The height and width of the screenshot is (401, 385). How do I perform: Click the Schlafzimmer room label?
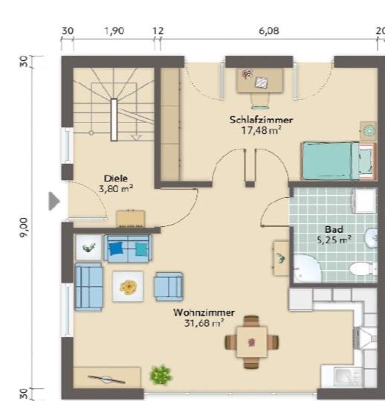tap(261, 120)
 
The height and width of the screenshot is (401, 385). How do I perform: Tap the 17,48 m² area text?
tap(262, 130)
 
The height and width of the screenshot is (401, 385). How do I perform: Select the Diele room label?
tap(116, 179)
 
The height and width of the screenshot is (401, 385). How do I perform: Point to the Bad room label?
tap(334, 229)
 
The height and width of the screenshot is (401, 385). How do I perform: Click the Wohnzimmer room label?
tap(204, 312)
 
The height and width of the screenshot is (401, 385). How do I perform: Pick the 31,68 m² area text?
tap(204, 323)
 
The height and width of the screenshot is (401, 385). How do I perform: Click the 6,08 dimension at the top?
tap(269, 31)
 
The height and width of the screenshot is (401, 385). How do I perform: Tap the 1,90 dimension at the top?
tap(114, 31)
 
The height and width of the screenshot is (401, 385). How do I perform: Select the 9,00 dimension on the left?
tap(25, 228)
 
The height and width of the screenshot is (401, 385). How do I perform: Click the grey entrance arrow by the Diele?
tap(54, 202)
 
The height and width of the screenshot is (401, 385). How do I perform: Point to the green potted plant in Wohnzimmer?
tap(161, 375)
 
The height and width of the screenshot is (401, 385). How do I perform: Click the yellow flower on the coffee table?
tap(129, 286)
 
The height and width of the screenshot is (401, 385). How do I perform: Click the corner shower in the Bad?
tap(306, 269)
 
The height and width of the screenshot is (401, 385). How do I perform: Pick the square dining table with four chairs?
tap(252, 342)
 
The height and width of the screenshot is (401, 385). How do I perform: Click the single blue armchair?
tap(169, 286)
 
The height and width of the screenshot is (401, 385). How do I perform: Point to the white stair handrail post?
tap(114, 120)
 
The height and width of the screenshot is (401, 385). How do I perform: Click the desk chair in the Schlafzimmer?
tap(260, 101)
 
